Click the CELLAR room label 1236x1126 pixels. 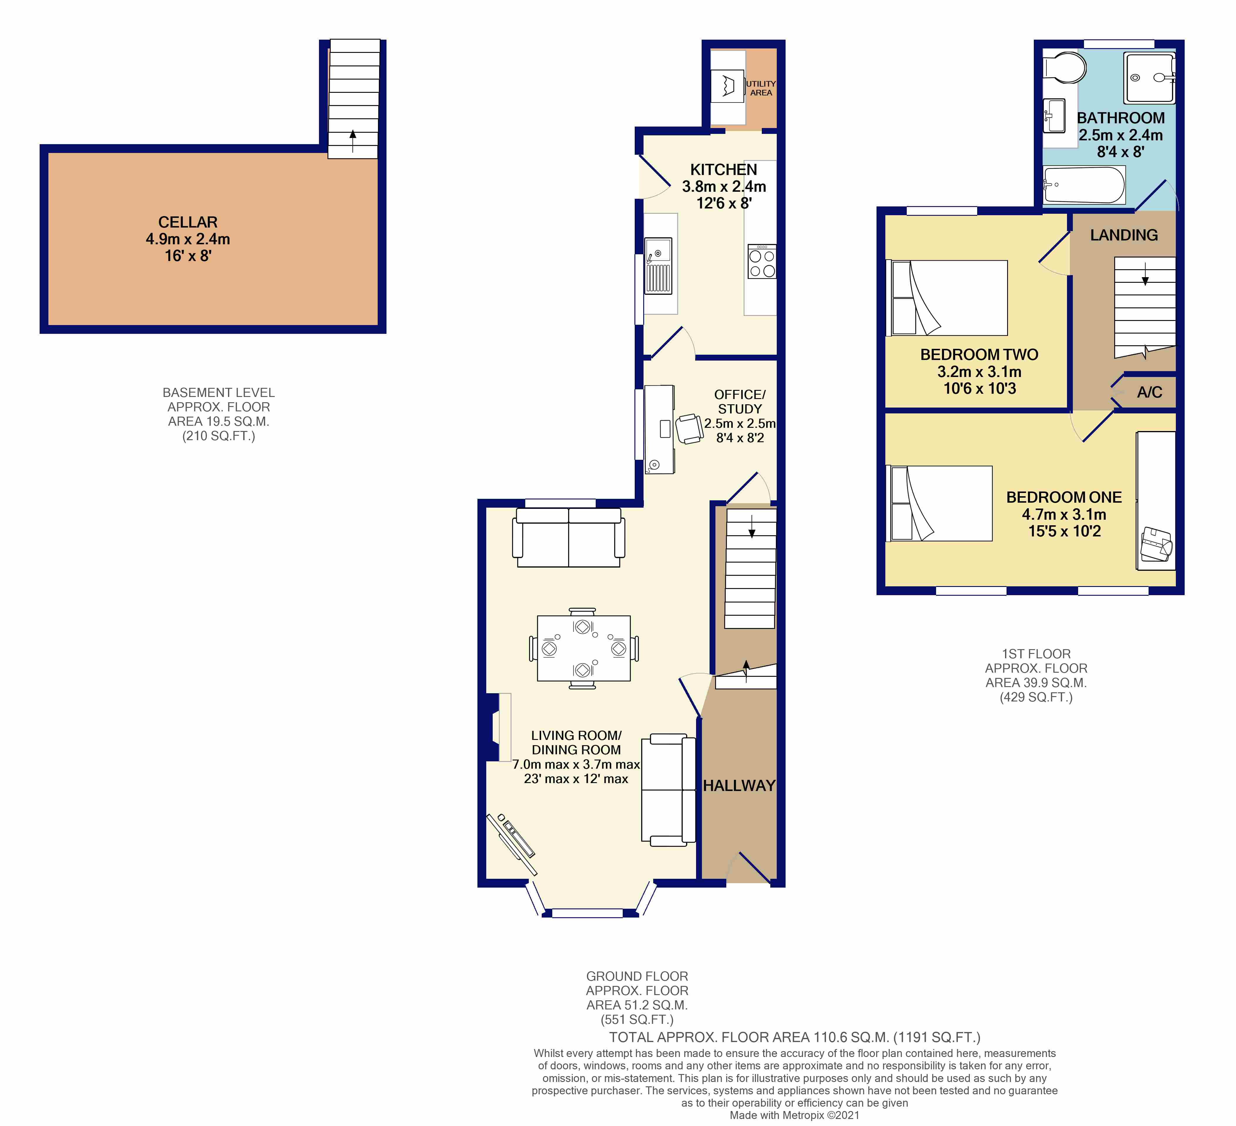tap(188, 222)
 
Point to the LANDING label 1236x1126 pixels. tap(1124, 235)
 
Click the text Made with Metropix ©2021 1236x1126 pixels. tap(795, 1115)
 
